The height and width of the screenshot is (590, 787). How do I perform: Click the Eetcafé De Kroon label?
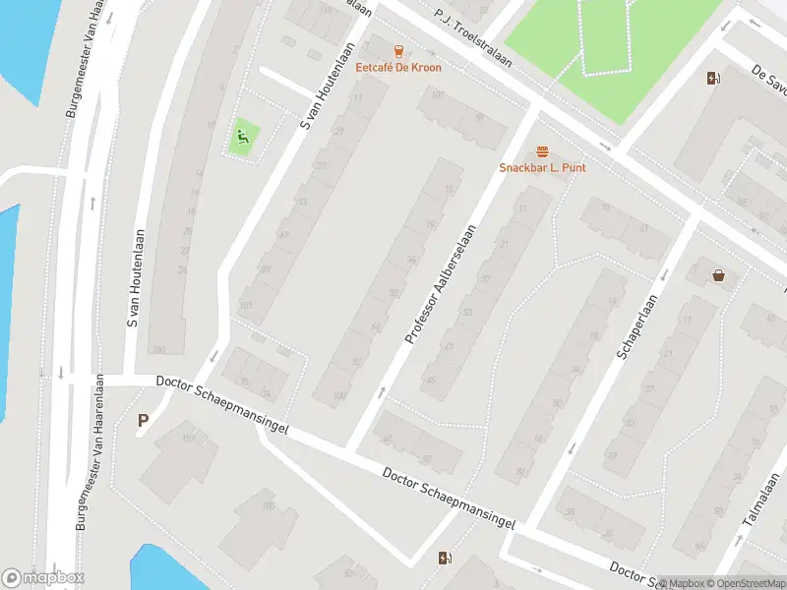[x=398, y=68]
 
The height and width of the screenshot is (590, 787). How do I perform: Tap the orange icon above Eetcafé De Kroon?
[x=398, y=51]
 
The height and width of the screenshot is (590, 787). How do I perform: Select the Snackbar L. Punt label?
[x=542, y=168]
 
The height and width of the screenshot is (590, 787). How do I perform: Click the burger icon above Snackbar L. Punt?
[x=542, y=151]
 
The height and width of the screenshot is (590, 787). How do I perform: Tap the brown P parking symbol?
[x=143, y=421]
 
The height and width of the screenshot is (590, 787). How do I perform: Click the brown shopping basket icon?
[x=719, y=275]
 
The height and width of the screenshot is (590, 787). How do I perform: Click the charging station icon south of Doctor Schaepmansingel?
[x=445, y=559]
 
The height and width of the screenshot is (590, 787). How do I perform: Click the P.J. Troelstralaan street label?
[x=473, y=35]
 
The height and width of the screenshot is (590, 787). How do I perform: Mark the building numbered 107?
[x=189, y=439]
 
